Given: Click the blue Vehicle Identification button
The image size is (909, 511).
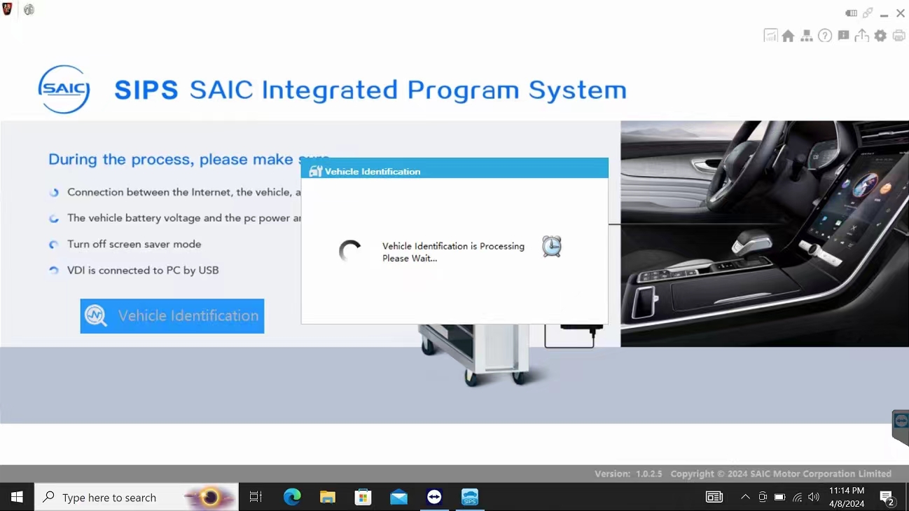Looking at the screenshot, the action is click(x=172, y=316).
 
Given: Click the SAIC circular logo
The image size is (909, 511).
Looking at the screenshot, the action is click(x=64, y=89).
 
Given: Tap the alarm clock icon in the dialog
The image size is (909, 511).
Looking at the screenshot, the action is click(x=551, y=246).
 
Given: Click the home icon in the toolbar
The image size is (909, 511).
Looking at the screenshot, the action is click(x=788, y=36).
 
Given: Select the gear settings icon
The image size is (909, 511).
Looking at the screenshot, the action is click(x=880, y=36).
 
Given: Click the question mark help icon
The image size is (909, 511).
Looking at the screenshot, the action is click(x=824, y=36).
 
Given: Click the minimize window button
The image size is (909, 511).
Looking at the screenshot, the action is click(x=884, y=14).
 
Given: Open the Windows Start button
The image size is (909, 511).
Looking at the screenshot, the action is click(x=17, y=497).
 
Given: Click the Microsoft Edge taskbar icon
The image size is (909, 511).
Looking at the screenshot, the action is click(x=292, y=497).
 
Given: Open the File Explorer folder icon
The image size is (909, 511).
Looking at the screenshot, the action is click(x=328, y=497).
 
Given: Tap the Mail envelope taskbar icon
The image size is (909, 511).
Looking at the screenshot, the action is click(x=398, y=497).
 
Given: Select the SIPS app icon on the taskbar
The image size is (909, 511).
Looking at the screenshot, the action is click(x=469, y=497).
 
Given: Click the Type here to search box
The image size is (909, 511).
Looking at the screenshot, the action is click(x=137, y=497).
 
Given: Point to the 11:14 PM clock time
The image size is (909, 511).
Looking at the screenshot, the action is click(x=847, y=490).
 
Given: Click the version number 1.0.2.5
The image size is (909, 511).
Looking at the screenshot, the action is click(x=648, y=474).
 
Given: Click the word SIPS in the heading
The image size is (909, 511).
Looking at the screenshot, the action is click(x=146, y=90).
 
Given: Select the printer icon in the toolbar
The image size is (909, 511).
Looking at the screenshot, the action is click(x=898, y=36).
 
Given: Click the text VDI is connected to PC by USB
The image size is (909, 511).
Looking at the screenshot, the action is click(x=143, y=270).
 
